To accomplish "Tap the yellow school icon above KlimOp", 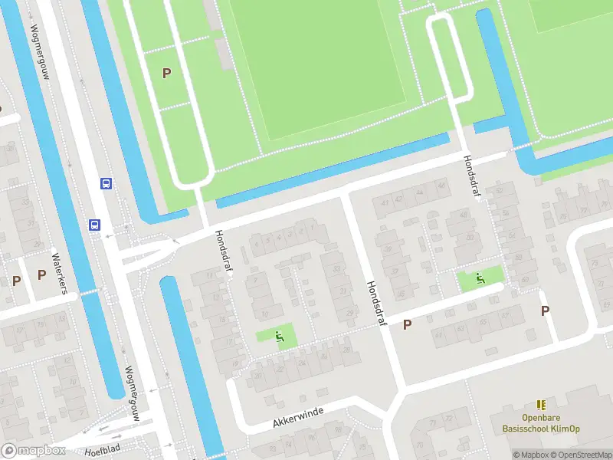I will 541,405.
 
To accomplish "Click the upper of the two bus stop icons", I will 106,183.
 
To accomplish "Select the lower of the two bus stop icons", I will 94,225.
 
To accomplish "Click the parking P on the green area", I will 166,73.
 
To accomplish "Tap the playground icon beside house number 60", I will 480,278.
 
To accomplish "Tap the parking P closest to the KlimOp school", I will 546,310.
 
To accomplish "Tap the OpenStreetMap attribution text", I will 579,455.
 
